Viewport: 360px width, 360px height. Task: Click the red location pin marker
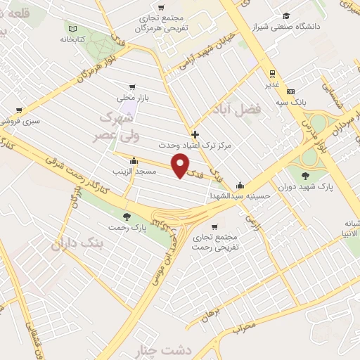[181, 165]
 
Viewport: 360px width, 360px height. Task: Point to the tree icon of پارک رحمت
[127, 217]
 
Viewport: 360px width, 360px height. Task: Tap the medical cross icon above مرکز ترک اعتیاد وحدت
[195, 134]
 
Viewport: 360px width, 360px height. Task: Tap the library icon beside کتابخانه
[72, 29]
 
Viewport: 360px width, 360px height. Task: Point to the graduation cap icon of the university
[286, 16]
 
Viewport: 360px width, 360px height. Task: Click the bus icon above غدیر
[272, 72]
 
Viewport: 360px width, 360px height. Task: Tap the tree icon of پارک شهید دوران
[305, 176]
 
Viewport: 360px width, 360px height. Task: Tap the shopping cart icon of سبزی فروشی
[18, 110]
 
